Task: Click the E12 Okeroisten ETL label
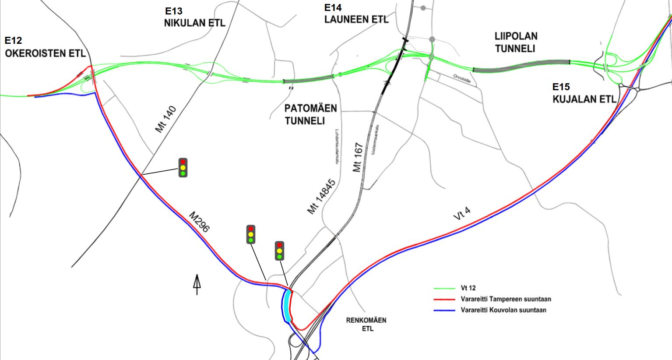coord(45,47)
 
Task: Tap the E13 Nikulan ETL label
coord(194,18)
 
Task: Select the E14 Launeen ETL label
coord(356,14)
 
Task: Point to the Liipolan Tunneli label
coord(516,42)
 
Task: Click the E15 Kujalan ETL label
coord(584,93)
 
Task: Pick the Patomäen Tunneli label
coord(311,114)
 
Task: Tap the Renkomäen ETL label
coord(366,324)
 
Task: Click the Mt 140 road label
coord(165,120)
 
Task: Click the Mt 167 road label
coord(358,157)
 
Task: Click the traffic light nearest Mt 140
coord(183,168)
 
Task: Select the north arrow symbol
coord(197,284)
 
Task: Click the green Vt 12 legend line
coord(444,288)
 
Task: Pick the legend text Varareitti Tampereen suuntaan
coord(505,299)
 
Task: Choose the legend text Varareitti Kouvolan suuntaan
coord(503,310)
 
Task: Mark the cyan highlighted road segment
coord(287,305)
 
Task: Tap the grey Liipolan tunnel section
coord(521,65)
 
